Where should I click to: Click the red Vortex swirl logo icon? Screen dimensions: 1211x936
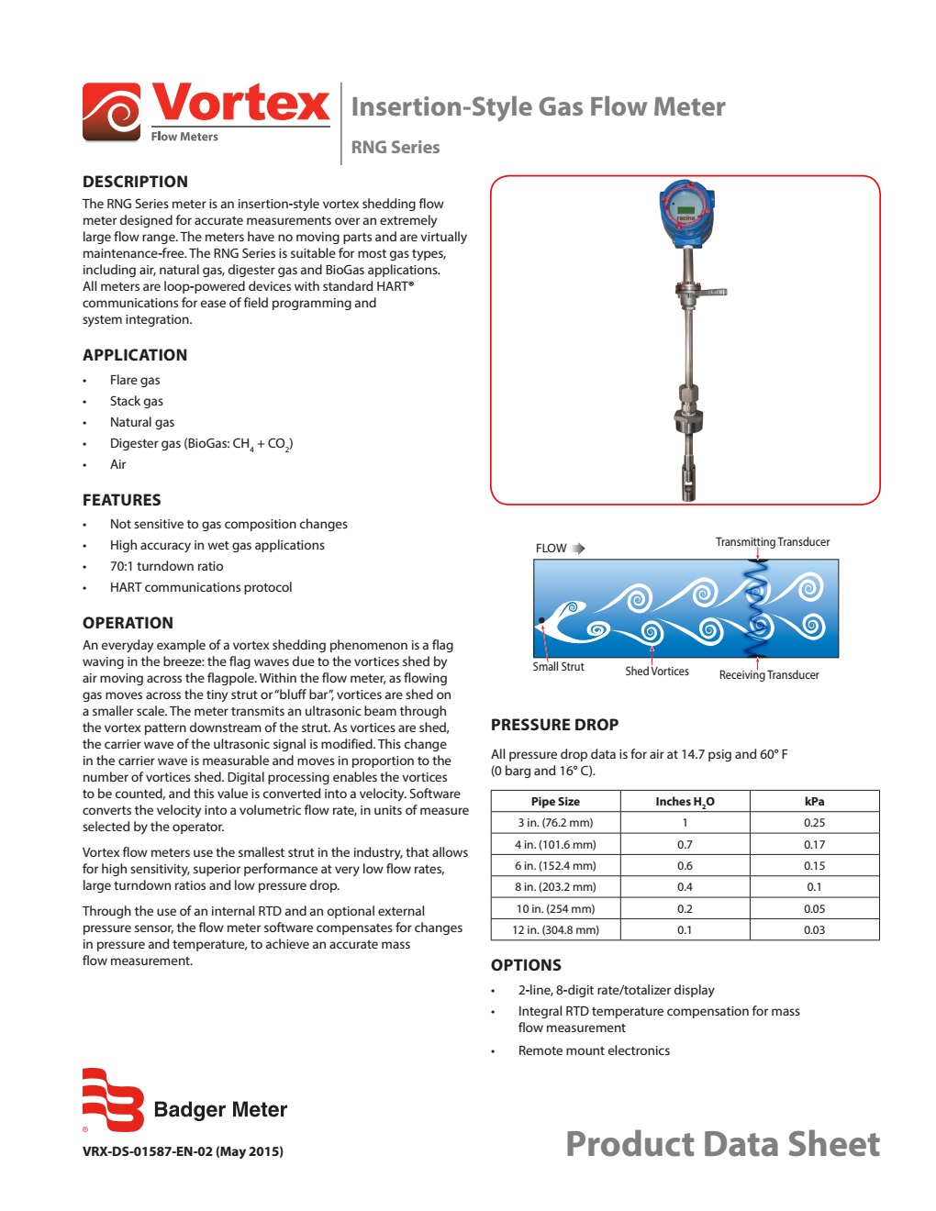coord(112,112)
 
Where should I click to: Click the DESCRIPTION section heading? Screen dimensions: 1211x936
coord(135,182)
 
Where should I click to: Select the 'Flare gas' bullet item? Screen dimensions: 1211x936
coord(135,380)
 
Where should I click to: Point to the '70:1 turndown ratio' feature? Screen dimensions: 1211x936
coord(166,566)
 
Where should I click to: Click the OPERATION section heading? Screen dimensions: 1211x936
coord(128,623)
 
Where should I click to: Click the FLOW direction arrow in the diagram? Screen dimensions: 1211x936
coord(578,549)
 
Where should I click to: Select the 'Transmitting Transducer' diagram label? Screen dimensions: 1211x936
coord(772,542)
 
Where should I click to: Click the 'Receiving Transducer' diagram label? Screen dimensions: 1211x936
coord(768,675)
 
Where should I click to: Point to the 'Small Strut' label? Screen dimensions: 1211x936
coord(558,667)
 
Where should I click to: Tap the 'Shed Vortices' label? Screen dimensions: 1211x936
coord(656,672)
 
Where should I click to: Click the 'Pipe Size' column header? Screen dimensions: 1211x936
coord(555,802)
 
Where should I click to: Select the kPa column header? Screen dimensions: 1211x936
coord(814,802)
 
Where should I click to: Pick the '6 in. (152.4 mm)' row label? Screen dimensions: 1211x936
coord(555,866)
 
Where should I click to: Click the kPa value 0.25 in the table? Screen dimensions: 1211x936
coord(814,823)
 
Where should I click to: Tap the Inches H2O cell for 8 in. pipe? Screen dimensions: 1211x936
coord(685,887)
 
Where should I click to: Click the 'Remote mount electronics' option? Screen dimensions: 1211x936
coord(594,1050)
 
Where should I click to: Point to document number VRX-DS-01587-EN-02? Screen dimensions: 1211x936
coord(183,1151)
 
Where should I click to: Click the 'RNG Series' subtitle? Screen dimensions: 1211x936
coord(396,147)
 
